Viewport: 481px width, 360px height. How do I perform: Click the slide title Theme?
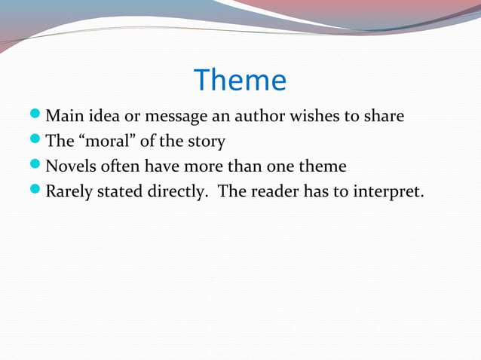(240, 81)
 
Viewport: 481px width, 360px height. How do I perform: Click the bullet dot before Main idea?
(38, 117)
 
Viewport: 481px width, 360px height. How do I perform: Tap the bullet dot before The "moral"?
(38, 142)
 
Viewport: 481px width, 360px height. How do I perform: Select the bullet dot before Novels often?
(38, 166)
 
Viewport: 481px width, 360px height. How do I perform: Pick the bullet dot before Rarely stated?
(38, 191)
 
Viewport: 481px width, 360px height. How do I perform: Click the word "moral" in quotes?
(103, 142)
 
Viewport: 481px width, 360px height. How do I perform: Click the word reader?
(273, 191)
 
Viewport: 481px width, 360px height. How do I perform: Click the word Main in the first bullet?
(63, 117)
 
